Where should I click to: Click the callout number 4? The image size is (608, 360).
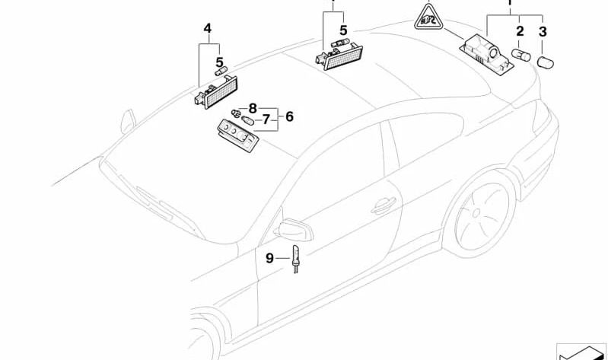pos(208,28)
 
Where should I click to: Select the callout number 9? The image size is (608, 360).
pos(270,258)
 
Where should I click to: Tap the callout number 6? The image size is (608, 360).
pos(289,116)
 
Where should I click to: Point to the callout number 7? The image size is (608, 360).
pos(266,119)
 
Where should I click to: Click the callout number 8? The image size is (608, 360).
pos(253,108)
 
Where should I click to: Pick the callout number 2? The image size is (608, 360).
pos(520,31)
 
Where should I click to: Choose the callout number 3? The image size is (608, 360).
pos(543,31)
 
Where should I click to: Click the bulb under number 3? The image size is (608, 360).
pos(545,62)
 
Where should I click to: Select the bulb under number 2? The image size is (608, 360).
pos(520,55)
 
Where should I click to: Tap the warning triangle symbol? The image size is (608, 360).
pos(428,18)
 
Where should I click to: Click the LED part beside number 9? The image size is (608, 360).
pos(295,259)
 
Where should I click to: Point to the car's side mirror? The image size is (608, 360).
pos(293,230)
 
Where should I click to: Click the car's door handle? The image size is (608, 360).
pos(384,206)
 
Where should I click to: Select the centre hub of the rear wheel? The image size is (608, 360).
pos(476,212)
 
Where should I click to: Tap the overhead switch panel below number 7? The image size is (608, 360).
pos(238,135)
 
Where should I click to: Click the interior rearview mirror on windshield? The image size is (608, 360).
pos(129,122)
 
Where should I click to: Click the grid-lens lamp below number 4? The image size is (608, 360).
pos(216,93)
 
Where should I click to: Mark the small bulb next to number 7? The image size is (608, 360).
pos(247,120)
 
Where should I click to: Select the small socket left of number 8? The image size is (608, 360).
pos(235,113)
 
